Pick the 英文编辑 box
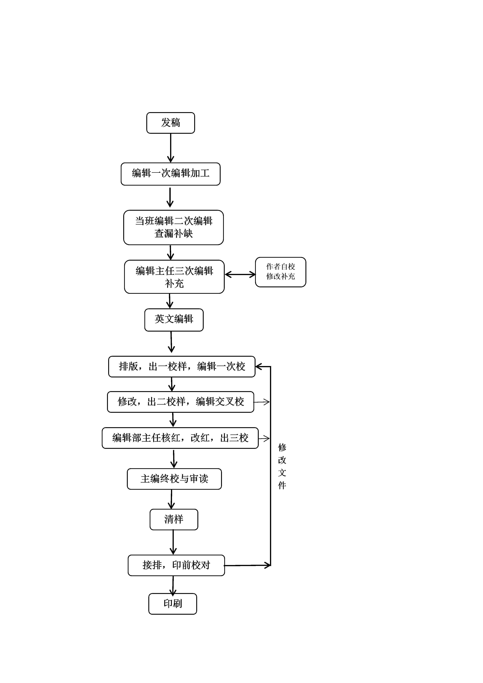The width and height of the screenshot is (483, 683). [174, 320]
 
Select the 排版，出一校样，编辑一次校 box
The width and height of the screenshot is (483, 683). [182, 366]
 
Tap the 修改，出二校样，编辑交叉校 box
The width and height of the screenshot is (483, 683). [180, 402]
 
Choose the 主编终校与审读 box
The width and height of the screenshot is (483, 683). [174, 479]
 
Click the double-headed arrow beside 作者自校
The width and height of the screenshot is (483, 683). [240, 274]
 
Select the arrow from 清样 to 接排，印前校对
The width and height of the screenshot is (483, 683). [173, 542]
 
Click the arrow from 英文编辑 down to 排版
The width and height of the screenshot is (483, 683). [171, 342]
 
